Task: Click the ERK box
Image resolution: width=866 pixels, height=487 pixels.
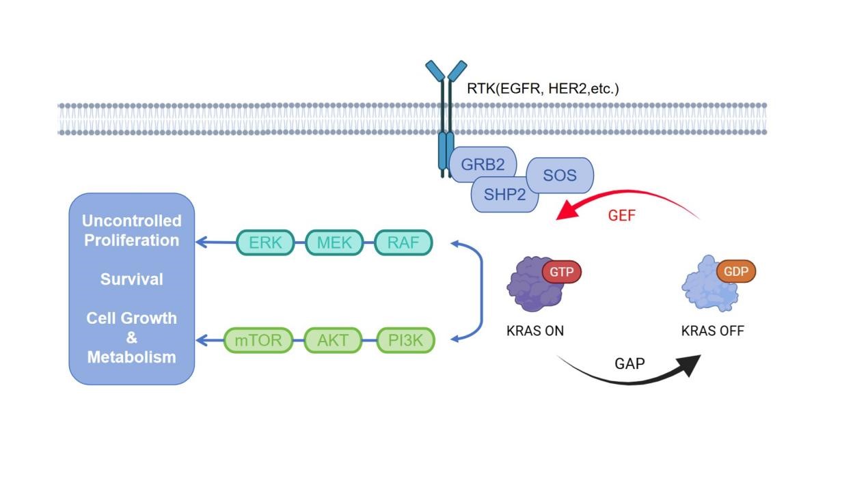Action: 265,242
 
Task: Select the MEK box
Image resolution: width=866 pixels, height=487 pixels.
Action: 334,242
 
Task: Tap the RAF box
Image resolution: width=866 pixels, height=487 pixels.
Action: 403,242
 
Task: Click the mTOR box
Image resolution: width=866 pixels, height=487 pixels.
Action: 258,339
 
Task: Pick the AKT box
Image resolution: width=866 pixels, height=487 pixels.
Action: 333,339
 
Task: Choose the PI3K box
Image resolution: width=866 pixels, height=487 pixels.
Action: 405,339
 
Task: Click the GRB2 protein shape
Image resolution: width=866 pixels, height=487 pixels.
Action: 482,164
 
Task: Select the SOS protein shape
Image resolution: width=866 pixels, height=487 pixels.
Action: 560,176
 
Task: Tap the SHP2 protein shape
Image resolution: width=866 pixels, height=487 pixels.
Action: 504,195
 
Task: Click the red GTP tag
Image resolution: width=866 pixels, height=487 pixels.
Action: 562,272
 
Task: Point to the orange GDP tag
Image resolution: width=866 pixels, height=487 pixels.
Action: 736,271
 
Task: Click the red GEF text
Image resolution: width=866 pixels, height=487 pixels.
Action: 621,216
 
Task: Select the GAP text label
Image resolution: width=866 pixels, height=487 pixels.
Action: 630,363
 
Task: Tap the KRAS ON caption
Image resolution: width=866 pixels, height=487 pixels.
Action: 535,331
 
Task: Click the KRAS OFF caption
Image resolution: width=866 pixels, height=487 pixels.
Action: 712,331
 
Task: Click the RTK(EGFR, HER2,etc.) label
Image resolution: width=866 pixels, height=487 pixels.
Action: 543,88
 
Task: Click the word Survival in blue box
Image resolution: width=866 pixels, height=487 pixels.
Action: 132,279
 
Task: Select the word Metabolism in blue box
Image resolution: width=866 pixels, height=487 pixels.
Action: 132,357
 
